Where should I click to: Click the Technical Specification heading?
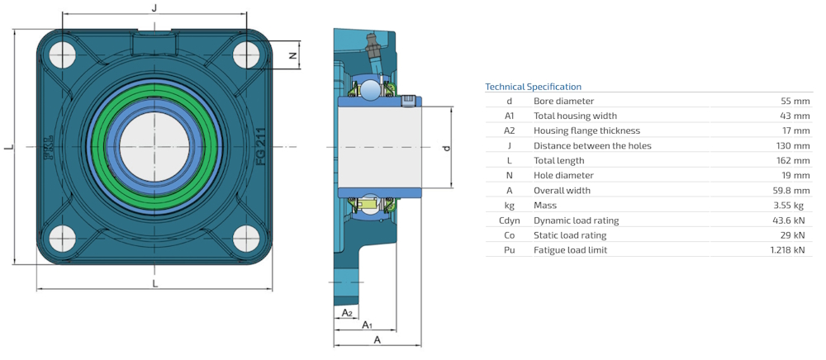533,87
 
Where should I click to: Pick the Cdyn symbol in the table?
509,220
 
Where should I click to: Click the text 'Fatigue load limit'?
571,250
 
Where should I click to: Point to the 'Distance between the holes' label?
592,145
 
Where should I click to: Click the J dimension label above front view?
154,7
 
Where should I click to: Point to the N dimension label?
291,55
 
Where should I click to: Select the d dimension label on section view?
446,148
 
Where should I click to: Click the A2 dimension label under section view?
348,313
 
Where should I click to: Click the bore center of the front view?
154,147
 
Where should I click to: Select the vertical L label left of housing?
8,147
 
